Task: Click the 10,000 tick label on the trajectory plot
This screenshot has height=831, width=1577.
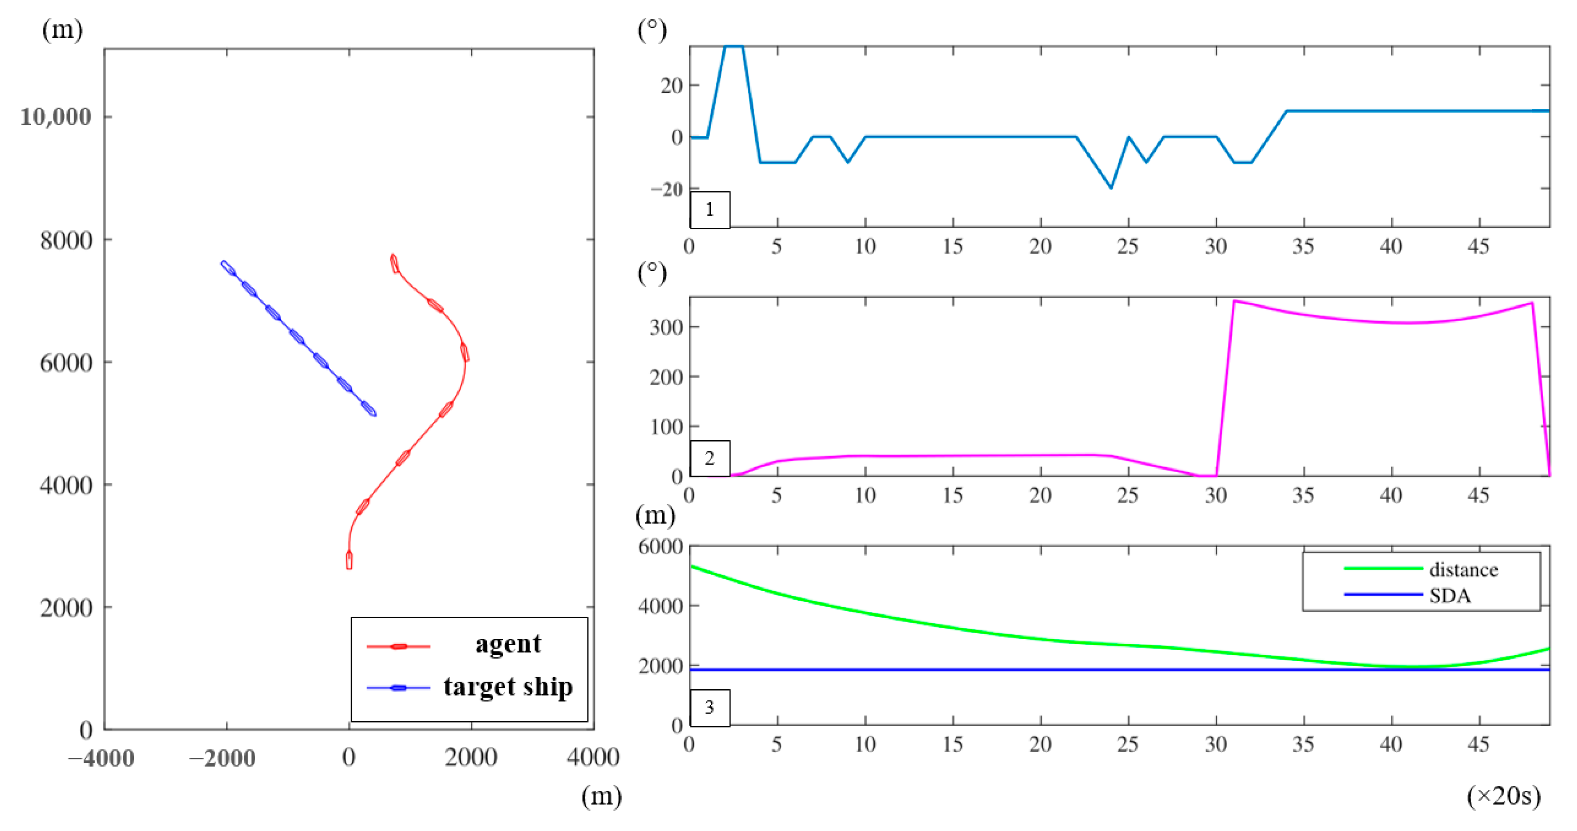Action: click(x=55, y=117)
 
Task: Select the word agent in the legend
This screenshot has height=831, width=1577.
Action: click(x=508, y=644)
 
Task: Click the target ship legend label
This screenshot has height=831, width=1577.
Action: click(x=508, y=686)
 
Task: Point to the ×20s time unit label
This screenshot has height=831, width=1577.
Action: click(x=1503, y=796)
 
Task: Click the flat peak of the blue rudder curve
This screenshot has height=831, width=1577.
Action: click(x=733, y=46)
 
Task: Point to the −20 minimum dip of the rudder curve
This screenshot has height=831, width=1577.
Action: click(x=1110, y=187)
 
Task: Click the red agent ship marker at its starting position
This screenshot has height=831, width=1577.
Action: click(x=349, y=560)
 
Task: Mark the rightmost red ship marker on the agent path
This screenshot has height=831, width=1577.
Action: click(x=465, y=353)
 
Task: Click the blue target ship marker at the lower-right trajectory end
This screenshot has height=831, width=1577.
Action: click(x=368, y=408)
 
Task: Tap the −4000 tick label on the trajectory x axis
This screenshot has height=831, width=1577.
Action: click(x=101, y=758)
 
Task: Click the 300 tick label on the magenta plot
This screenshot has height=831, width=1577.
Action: click(x=666, y=327)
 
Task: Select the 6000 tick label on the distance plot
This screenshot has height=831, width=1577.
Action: click(x=660, y=546)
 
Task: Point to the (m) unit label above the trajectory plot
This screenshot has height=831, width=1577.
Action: click(x=62, y=30)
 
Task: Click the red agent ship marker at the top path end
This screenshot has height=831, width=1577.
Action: click(x=394, y=263)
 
